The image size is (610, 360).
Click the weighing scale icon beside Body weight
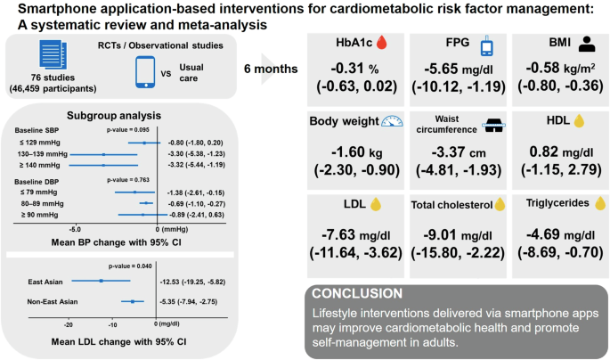(392, 123)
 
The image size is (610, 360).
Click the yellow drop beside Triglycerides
(597, 203)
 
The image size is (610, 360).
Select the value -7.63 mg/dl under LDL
(353, 233)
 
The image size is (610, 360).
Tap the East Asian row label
(41, 281)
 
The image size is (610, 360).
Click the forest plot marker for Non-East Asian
(133, 302)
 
